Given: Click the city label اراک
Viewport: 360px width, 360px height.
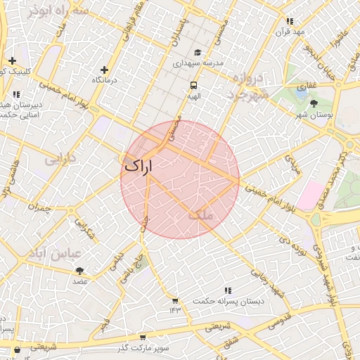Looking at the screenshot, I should [138, 167].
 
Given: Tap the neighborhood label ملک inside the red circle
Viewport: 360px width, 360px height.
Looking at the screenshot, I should [200, 216].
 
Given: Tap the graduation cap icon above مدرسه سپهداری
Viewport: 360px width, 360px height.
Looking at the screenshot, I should [198, 53].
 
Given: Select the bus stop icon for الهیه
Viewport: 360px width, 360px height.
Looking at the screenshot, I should [193, 85].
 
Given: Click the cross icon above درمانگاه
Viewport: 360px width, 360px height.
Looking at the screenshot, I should [104, 70].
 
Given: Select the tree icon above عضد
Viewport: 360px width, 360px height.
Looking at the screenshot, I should [79, 271].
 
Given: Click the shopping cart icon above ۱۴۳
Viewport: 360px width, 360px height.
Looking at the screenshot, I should [174, 300].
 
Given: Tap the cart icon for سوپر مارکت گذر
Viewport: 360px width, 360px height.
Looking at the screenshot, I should [143, 337].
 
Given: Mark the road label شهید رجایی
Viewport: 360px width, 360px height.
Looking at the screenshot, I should [268, 282].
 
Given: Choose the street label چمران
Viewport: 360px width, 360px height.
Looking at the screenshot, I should [39, 207].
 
